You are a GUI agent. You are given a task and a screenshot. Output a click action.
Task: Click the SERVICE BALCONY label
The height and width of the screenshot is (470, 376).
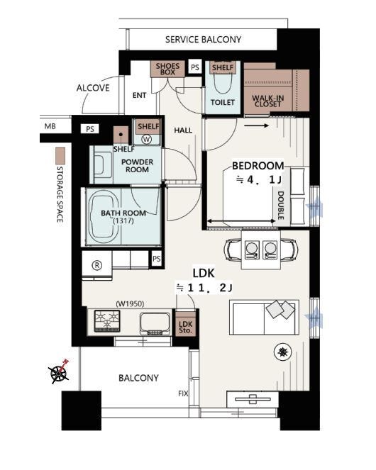tap(203, 40)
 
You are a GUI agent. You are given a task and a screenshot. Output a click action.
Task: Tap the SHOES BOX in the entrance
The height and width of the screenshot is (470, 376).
tap(167, 69)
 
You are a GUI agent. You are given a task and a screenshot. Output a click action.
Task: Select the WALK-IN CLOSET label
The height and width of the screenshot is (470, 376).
tap(267, 101)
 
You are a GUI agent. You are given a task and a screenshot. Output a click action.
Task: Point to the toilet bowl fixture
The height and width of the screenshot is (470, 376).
tap(222, 82)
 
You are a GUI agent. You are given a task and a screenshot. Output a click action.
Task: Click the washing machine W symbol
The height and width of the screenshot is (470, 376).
tap(147, 139)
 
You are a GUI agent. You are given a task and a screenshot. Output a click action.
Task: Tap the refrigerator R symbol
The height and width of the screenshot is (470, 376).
tap(97, 265)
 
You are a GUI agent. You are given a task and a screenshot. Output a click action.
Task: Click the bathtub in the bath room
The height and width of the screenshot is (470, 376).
tap(104, 217)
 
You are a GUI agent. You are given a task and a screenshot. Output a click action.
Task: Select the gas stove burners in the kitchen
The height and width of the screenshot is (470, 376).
tap(107, 320)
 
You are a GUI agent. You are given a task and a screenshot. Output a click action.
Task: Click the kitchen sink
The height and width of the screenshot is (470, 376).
tap(155, 324)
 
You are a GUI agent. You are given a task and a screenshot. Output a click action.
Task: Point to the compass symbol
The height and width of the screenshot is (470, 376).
tap(59, 372)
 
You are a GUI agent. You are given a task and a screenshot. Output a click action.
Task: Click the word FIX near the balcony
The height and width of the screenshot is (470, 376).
tap(183, 394)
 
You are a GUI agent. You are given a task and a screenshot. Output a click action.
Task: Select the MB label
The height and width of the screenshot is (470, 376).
tap(50, 126)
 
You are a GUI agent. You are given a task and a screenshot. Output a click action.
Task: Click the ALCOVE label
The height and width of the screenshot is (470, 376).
tap(93, 88)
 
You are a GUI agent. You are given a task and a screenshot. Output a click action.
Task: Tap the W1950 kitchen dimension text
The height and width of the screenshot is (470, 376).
tap(130, 304)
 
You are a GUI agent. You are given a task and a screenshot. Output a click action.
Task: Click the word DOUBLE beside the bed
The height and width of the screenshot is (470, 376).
tap(280, 206)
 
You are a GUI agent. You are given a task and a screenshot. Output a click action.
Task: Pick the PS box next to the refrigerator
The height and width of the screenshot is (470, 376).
tap(156, 259)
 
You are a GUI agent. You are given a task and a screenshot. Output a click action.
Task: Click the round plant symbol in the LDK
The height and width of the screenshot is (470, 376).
tap(282, 352)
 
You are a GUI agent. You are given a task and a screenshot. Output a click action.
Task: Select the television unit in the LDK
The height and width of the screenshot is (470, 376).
tap(253, 399)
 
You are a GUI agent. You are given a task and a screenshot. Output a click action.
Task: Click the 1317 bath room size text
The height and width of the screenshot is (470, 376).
tap(123, 221)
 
